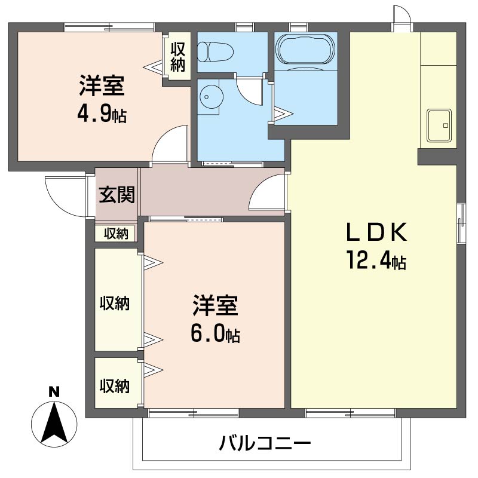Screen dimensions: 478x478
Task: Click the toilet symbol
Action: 215,52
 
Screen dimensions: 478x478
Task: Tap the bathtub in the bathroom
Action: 305,49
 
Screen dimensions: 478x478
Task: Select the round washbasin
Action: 211,97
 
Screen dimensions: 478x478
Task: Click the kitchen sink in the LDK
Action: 439,125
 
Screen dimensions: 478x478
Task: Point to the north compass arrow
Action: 54,424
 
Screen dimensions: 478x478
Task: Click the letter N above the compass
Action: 54,391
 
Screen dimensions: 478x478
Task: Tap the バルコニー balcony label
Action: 265,443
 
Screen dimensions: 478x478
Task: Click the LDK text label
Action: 376,232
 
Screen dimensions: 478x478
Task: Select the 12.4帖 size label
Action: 376,260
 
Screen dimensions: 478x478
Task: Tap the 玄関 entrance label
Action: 117,195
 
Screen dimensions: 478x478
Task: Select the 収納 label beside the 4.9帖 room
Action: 177,57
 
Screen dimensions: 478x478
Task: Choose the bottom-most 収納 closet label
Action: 115,386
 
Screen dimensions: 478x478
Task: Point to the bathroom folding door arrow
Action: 283,114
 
